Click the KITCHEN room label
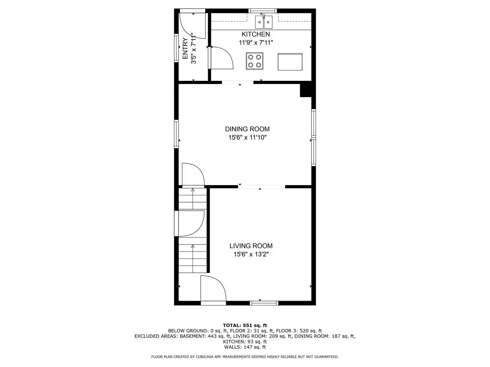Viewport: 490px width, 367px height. tap(256, 34)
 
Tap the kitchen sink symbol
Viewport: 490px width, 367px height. tap(264, 23)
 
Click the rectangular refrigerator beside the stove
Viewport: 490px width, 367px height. tap(290, 62)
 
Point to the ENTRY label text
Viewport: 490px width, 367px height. tap(185, 49)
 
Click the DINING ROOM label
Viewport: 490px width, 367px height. tap(247, 129)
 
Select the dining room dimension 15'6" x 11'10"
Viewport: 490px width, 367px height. tap(247, 138)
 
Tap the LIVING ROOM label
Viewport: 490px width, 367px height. tap(251, 246)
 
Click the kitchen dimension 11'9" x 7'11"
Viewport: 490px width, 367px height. tap(256, 43)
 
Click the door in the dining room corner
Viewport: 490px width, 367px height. tap(193, 175)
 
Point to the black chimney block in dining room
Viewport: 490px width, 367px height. tap(305, 91)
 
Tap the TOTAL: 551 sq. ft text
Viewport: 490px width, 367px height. tap(245, 326)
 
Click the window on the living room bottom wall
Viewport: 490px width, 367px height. tap(264, 303)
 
